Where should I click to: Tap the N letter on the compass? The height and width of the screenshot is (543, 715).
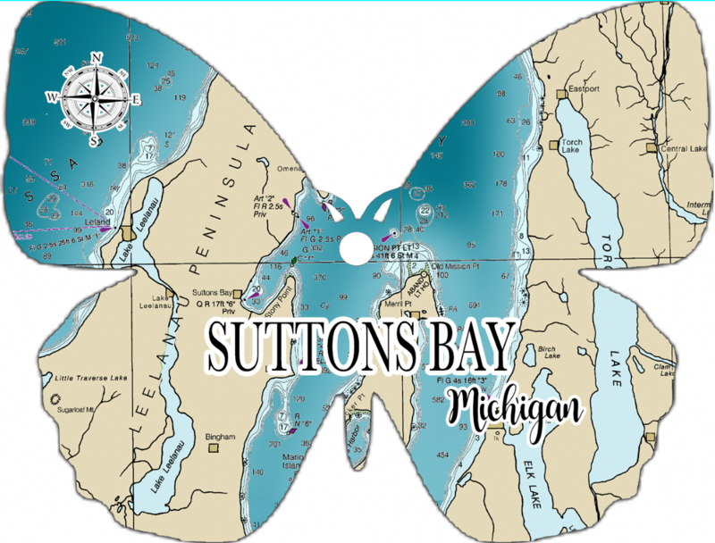pyautogui.click(x=97, y=57)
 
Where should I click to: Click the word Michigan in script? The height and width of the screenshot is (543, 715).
pyautogui.click(x=516, y=408)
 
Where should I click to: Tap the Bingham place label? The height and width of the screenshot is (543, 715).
pyautogui.click(x=220, y=436)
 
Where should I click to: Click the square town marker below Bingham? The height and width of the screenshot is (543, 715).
pyautogui.click(x=213, y=449)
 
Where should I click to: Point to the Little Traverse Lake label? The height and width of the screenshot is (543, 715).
pyautogui.click(x=91, y=378)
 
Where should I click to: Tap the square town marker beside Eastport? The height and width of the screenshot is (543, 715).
pyautogui.click(x=560, y=93)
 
